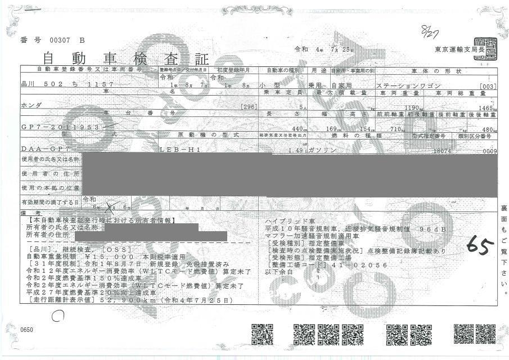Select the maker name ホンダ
[31, 105]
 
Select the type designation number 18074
[443, 150]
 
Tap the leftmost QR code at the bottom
[262, 334]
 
